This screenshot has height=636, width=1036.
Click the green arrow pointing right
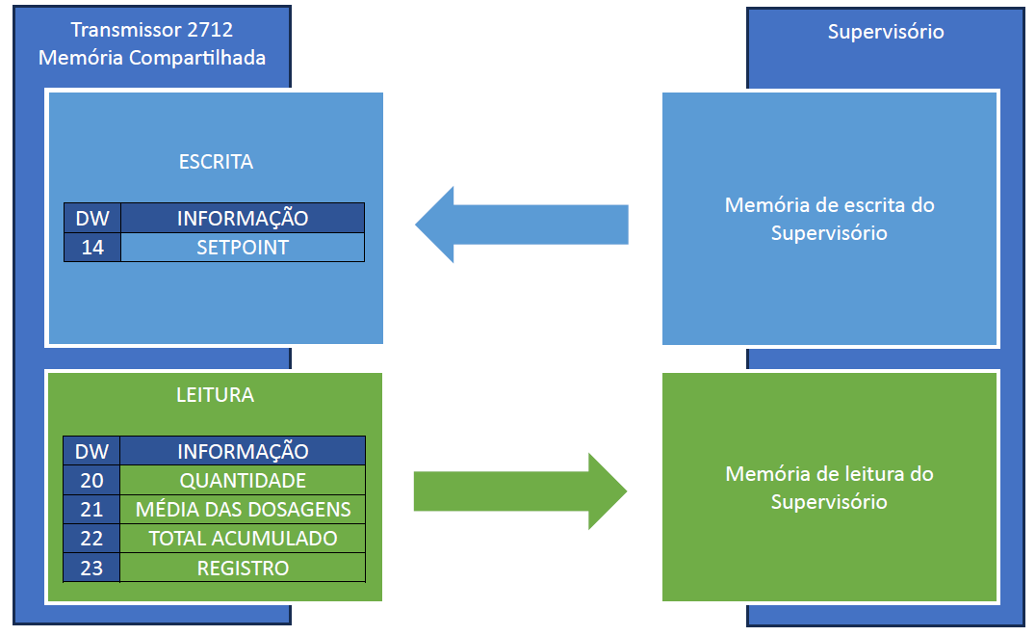pyautogui.click(x=520, y=491)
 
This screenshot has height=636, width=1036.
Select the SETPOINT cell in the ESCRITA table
pyautogui.click(x=243, y=248)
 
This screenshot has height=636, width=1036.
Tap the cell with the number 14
pyautogui.click(x=92, y=248)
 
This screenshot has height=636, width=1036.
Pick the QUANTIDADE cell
pyautogui.click(x=243, y=481)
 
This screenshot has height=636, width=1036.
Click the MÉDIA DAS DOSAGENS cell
pyautogui.click(x=243, y=510)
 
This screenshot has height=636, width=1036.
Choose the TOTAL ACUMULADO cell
pyautogui.click(x=243, y=539)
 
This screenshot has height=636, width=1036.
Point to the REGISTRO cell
pyautogui.click(x=243, y=568)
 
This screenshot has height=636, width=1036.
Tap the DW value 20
pyautogui.click(x=92, y=481)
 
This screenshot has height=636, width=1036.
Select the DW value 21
pyautogui.click(x=92, y=510)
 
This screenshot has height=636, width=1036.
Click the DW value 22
pyautogui.click(x=92, y=539)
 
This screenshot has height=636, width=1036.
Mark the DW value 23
pyautogui.click(x=92, y=568)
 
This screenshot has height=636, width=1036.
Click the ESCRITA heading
pyautogui.click(x=216, y=162)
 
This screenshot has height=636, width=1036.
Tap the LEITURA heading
pyautogui.click(x=216, y=395)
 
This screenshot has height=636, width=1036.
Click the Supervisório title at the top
pyautogui.click(x=886, y=32)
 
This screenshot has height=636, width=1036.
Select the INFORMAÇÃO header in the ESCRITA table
pyautogui.click(x=243, y=218)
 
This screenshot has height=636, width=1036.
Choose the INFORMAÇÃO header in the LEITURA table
pyautogui.click(x=243, y=451)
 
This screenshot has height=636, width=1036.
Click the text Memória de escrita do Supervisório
pyautogui.click(x=829, y=219)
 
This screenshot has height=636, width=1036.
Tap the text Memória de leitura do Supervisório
pyautogui.click(x=829, y=488)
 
